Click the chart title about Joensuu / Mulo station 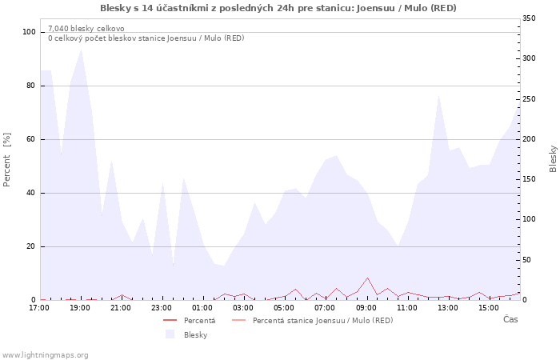coord(278,8)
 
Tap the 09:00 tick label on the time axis coord(366,308)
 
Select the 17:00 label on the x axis coord(39,308)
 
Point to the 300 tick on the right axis coord(529,58)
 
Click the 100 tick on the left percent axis coord(29,32)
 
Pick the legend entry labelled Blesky coord(186,334)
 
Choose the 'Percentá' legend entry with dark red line coord(190,320)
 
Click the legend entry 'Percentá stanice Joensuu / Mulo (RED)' coord(313,320)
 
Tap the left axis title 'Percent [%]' coord(6,159)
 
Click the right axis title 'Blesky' coord(553,159)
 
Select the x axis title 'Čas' coord(510,319)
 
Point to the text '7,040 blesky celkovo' coord(86,29)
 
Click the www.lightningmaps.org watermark coord(44,355)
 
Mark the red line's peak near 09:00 coord(367,278)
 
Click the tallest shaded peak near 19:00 coord(82,50)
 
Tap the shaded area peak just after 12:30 coord(438,96)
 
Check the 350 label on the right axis coord(529,18)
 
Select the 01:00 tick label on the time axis coord(202,308)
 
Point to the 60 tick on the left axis coord(30,139)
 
